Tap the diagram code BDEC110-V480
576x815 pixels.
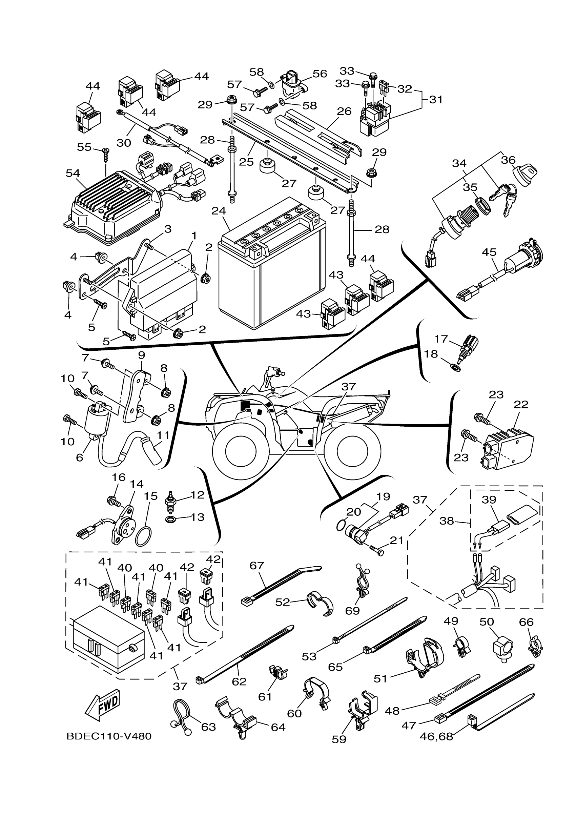click(109, 737)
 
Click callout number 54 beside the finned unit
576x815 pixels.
click(73, 173)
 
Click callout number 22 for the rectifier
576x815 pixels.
click(521, 405)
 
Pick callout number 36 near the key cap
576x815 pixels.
click(508, 160)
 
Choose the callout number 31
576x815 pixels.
click(436, 100)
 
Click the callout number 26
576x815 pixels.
click(344, 111)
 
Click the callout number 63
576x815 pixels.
click(208, 727)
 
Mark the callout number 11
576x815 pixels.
click(163, 435)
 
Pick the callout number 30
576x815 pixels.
click(124, 143)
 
